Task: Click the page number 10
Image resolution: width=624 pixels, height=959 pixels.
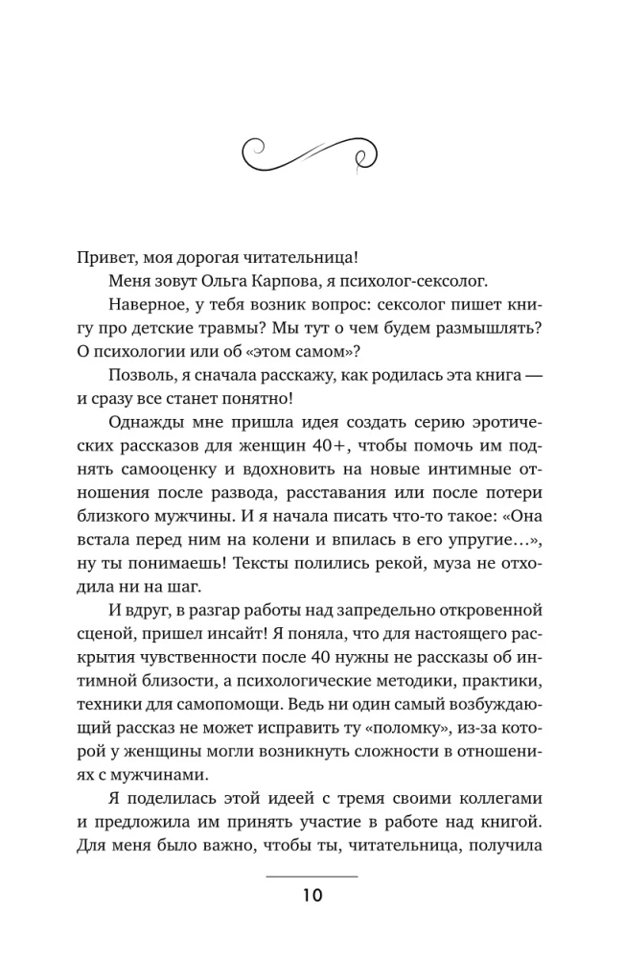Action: (311, 899)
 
